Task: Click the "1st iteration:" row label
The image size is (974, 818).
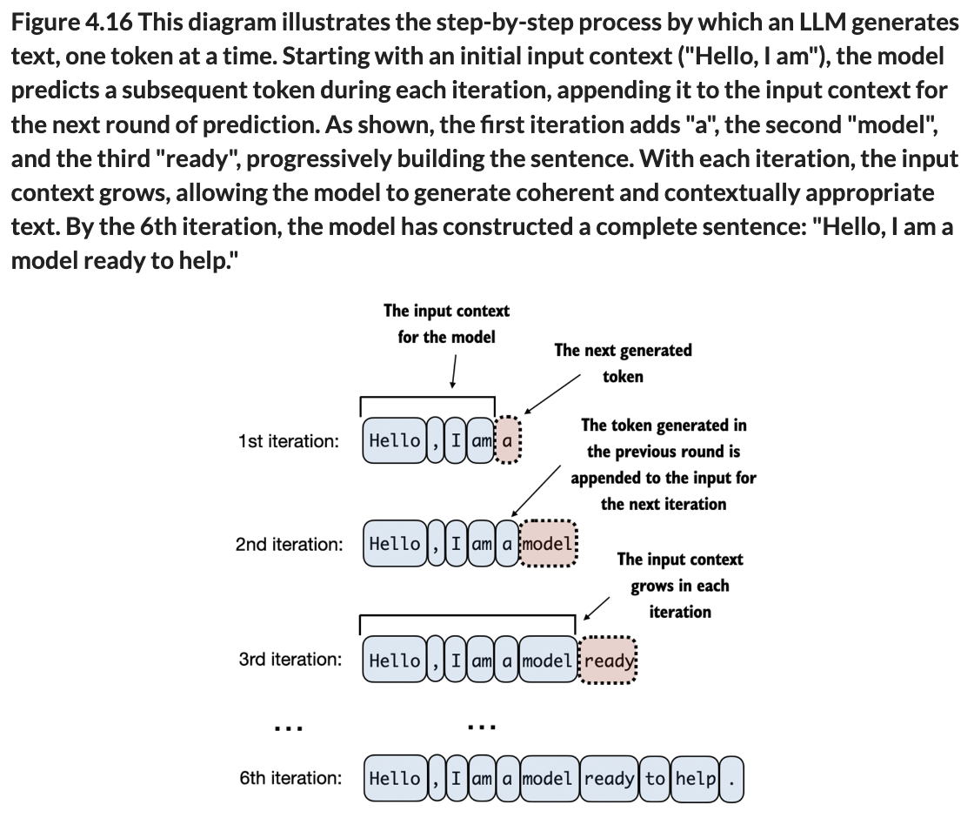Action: point(288,441)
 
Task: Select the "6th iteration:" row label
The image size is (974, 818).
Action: point(290,778)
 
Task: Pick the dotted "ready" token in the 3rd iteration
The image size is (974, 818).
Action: point(609,660)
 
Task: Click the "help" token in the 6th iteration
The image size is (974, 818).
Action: point(695,778)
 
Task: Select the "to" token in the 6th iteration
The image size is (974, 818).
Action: point(655,778)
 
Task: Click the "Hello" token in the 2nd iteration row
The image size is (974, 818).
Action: point(395,544)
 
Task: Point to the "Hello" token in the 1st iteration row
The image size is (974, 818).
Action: point(394,440)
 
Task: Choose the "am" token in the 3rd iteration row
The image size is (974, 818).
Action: point(481,660)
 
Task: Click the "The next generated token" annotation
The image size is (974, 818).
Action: point(623,363)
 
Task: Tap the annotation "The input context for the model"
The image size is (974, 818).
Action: point(446,323)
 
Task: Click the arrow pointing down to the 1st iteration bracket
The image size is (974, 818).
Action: point(452,375)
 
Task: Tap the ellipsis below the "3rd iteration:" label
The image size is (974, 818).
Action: point(287,726)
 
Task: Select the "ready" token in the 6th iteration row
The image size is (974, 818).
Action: point(609,778)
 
